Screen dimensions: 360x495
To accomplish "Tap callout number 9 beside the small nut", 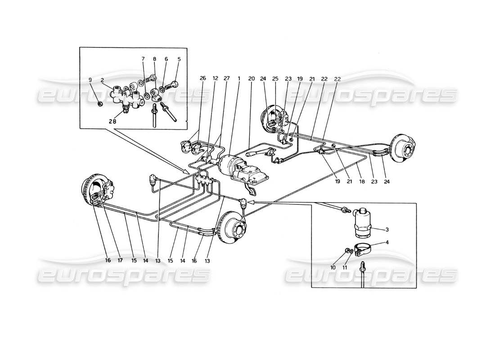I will (90, 80).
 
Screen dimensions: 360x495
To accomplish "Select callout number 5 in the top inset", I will (179, 58).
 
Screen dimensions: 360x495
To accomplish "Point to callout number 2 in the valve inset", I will (103, 80).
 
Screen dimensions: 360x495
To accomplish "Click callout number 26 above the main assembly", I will (203, 78).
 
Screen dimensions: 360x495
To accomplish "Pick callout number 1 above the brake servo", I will (239, 78).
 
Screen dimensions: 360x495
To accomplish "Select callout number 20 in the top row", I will (252, 78).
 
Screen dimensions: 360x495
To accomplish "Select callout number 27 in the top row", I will (227, 78).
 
